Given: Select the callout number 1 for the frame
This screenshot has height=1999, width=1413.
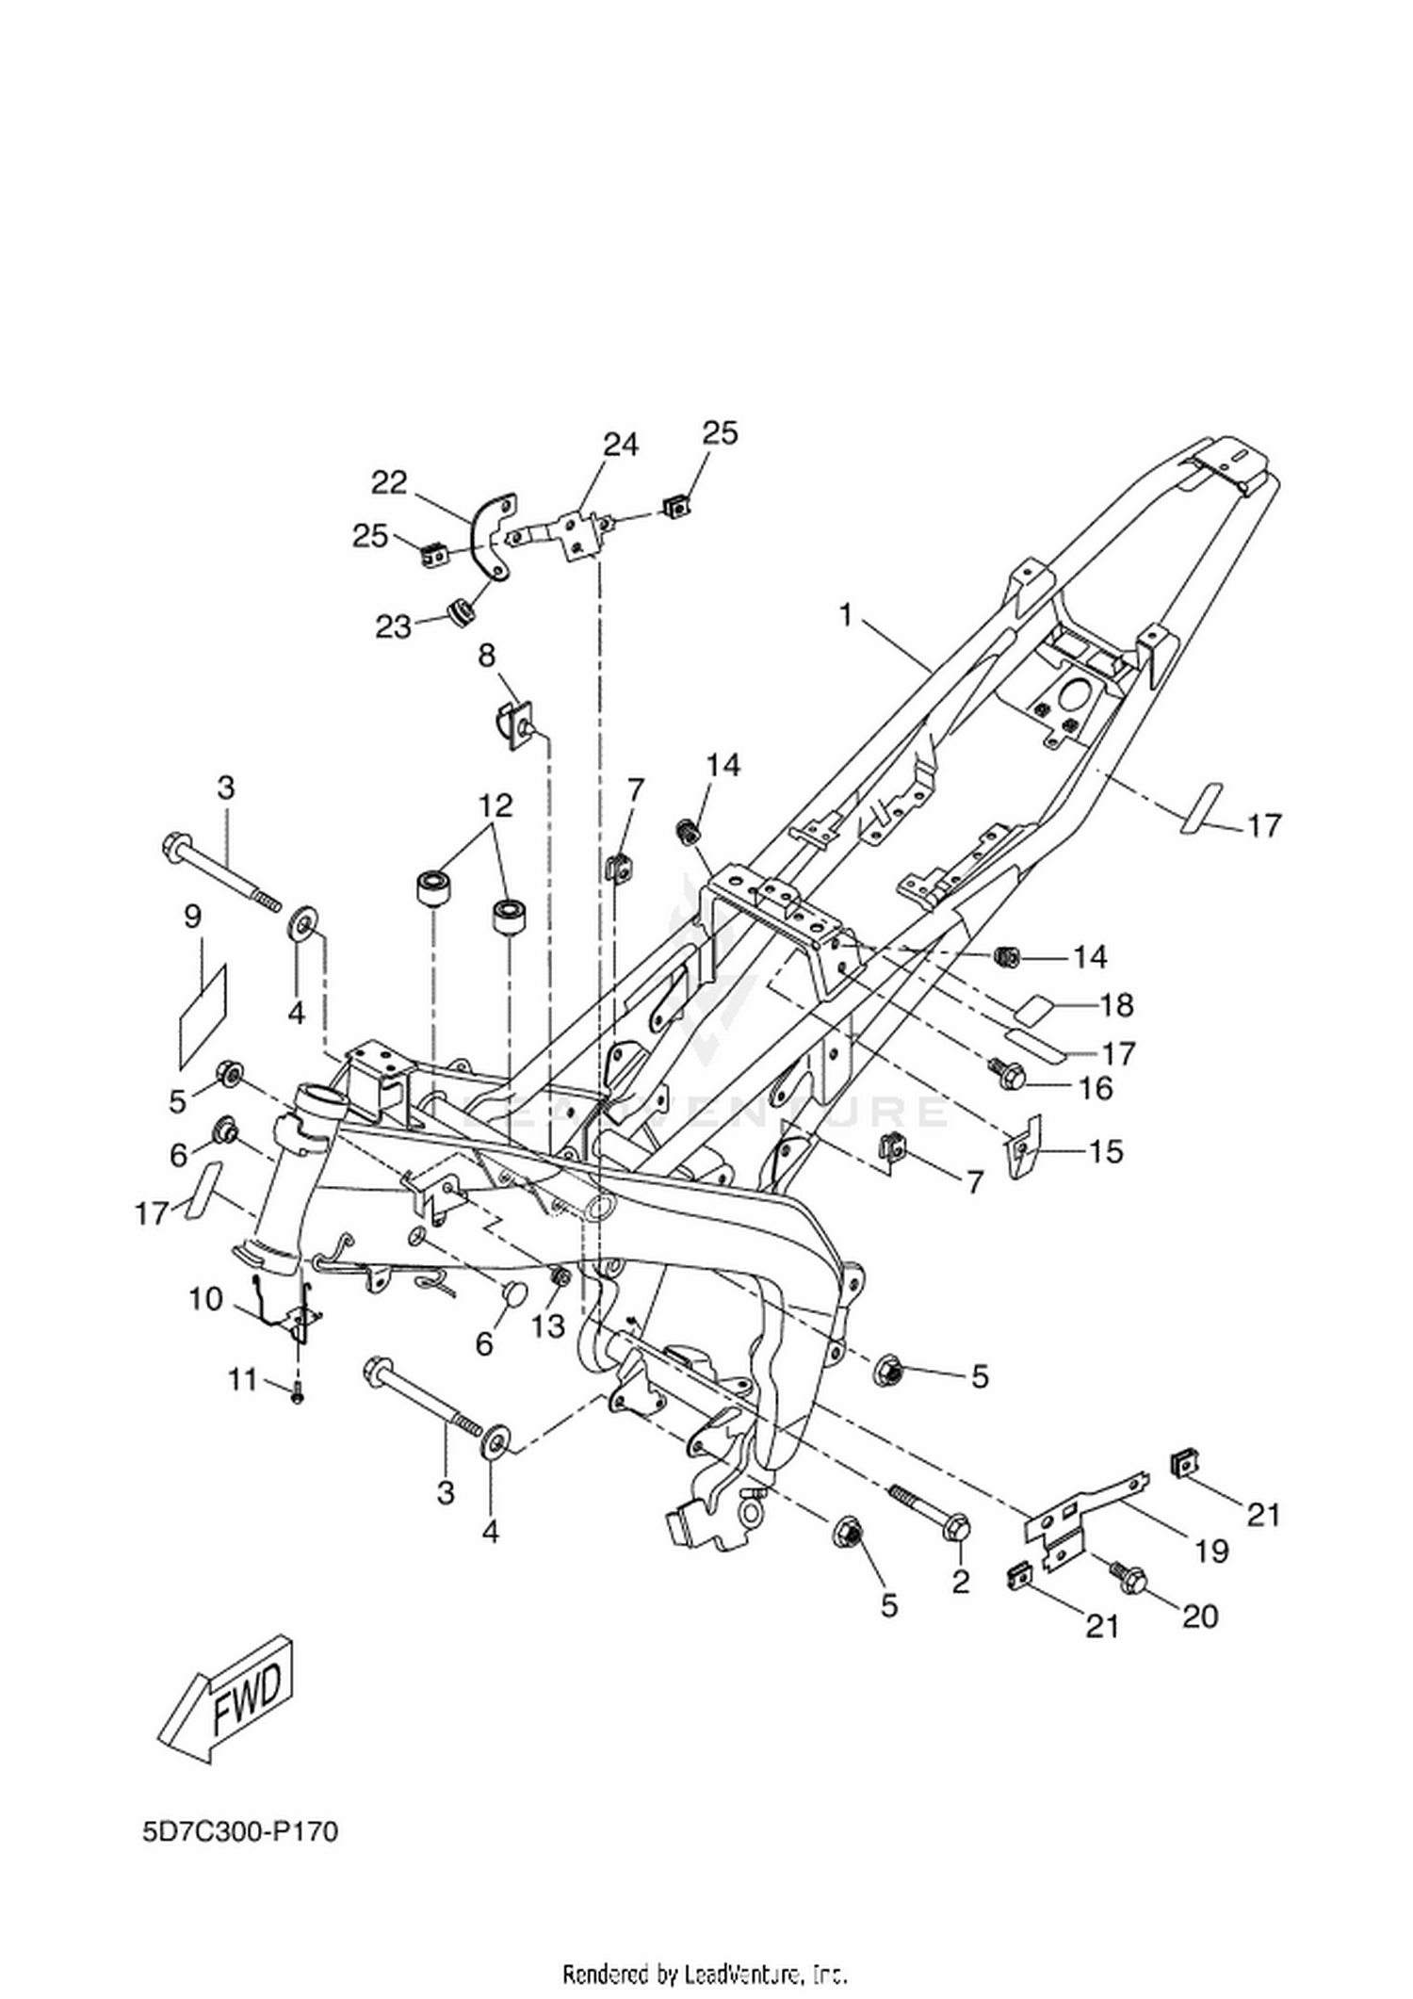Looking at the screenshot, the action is coord(845,616).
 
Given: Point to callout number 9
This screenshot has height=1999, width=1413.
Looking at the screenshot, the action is coord(193,917).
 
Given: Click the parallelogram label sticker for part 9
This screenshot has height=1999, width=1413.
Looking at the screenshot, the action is coord(203,1016).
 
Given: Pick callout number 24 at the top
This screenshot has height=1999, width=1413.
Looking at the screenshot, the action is coord(621,445).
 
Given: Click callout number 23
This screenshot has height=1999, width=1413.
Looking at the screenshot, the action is coord(395,626).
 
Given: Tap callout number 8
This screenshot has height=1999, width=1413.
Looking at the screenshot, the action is coord(486,656).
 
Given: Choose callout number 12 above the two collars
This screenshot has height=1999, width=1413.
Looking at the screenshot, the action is coord(495,805).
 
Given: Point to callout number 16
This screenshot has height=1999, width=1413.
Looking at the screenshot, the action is coord(1095,1088).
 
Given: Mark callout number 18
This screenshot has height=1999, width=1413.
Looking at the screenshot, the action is coord(1116,1005).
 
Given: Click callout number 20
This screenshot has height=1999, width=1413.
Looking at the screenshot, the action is coord(1200,1616).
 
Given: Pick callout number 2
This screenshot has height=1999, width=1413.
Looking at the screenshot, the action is coord(960,1582).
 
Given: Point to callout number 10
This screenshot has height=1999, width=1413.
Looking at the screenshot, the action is coord(205,1300).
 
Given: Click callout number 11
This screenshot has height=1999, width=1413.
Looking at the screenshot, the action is coord(242,1380).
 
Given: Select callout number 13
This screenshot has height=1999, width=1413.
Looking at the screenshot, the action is coord(548,1326).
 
